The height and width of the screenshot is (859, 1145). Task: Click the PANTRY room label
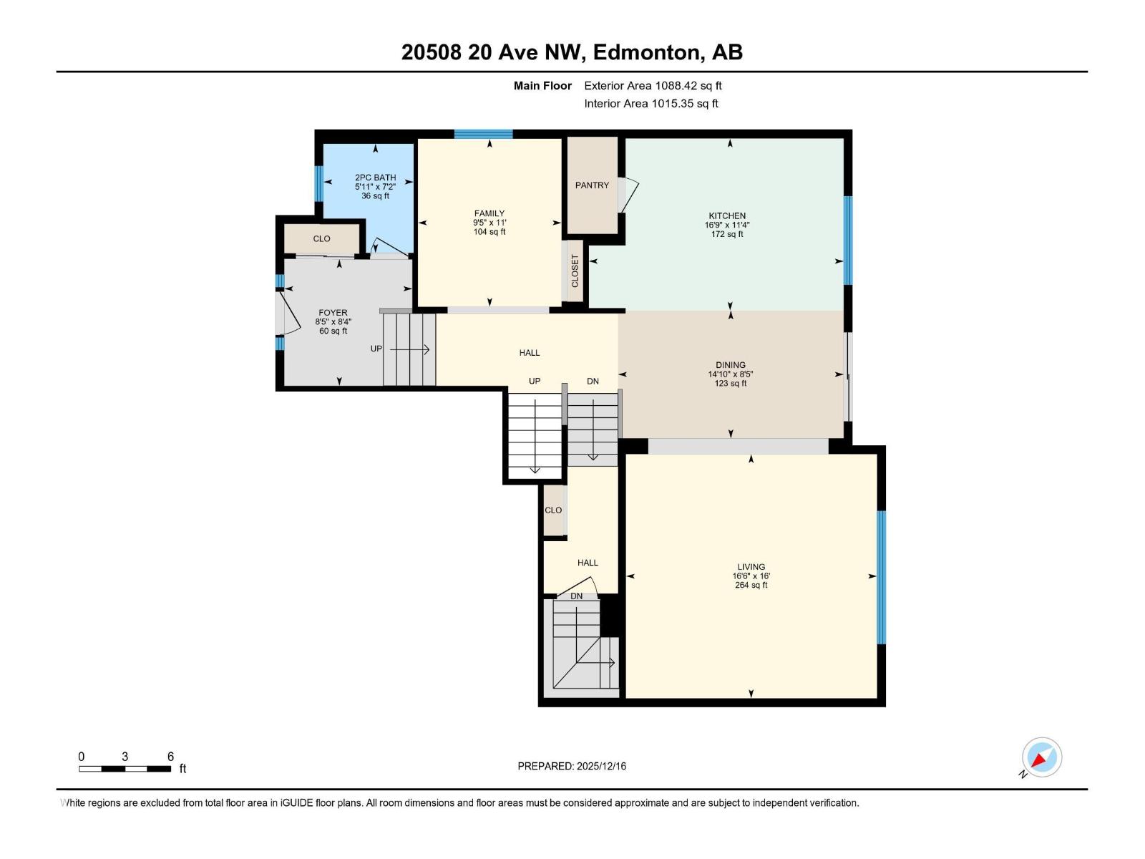click(x=592, y=185)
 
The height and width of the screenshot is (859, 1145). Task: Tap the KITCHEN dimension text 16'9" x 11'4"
click(x=727, y=225)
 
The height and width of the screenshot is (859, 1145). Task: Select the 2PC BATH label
click(x=375, y=178)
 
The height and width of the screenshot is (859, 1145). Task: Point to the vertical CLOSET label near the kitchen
click(x=575, y=271)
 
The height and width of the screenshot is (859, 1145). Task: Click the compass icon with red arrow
click(x=1041, y=757)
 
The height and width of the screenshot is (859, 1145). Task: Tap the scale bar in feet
click(x=125, y=768)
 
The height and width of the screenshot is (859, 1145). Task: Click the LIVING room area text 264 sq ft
click(x=751, y=586)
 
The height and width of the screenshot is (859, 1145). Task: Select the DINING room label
click(x=730, y=365)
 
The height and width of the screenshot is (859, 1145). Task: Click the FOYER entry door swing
click(x=289, y=315)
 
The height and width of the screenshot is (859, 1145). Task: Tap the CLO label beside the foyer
click(x=321, y=239)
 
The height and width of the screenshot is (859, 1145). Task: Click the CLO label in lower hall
click(x=553, y=510)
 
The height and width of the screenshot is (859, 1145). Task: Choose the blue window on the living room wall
click(x=881, y=577)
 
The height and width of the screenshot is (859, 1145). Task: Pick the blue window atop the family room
click(x=483, y=134)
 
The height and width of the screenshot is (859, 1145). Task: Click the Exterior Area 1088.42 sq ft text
click(x=653, y=86)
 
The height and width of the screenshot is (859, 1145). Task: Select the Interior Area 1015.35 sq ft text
click(x=651, y=104)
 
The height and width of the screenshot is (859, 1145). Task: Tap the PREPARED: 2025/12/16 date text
click(x=572, y=766)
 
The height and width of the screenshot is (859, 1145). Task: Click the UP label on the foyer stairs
click(x=376, y=349)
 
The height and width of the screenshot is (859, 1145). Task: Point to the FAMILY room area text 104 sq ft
click(x=489, y=232)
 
